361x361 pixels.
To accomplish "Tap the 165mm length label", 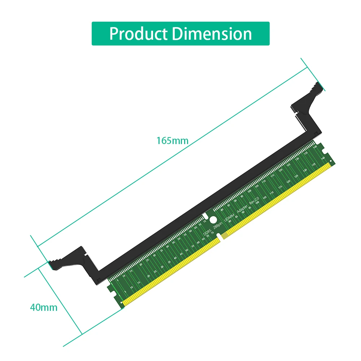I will click(x=172, y=140).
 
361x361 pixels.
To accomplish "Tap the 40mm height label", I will click(x=43, y=308).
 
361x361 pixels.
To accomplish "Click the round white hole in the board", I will click(x=213, y=219).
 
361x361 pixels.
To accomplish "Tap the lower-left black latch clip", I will click(x=69, y=258).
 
